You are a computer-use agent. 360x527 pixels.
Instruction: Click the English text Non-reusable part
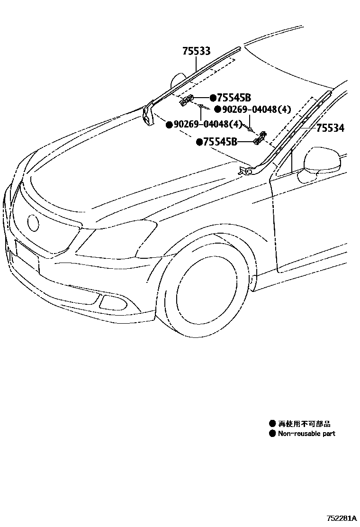[306, 433]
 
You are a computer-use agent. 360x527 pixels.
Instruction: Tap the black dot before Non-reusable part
[272, 433]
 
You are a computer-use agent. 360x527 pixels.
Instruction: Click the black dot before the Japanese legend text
[272, 424]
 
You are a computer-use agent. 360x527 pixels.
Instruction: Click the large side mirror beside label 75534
[323, 161]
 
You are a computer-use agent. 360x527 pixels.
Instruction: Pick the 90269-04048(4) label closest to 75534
[256, 110]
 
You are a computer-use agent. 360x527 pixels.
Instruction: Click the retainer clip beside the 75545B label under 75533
[186, 100]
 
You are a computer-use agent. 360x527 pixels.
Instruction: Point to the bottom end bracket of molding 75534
[245, 170]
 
